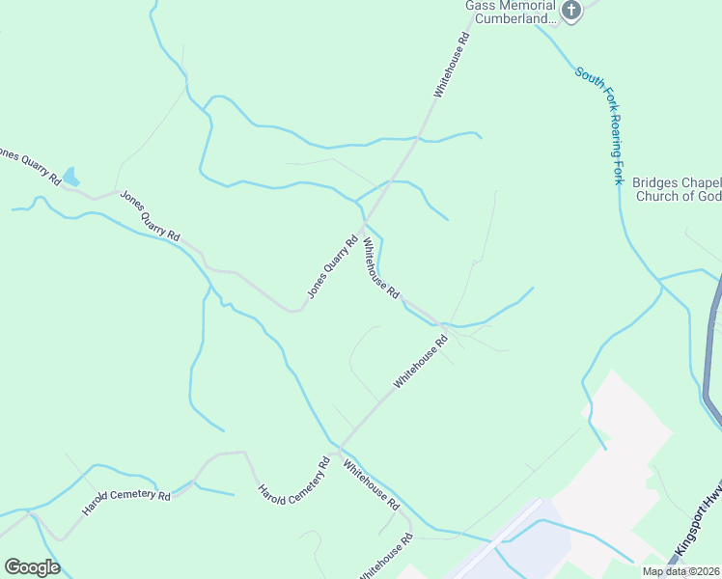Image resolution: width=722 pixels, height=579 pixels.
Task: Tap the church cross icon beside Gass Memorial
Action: (572, 12)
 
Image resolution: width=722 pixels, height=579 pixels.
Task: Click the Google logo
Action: (32, 567)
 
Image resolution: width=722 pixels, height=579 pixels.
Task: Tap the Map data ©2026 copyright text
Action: (681, 571)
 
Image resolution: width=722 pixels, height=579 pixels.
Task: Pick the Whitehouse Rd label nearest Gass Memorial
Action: (452, 66)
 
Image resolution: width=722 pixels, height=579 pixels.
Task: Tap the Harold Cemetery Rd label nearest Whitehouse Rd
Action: (295, 479)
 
